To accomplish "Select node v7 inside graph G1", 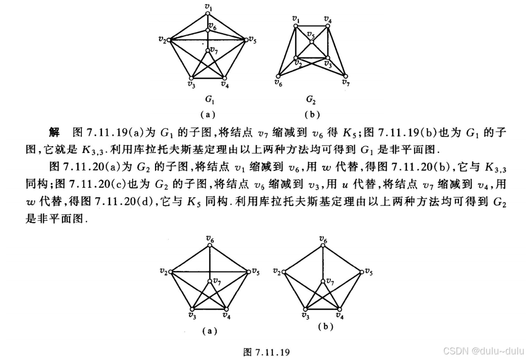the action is (x=208, y=49).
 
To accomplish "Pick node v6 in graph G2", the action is (x=279, y=75).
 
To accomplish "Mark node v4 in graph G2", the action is (x=328, y=25).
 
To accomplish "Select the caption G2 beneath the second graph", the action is (x=311, y=99).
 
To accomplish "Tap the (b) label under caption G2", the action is (x=311, y=113).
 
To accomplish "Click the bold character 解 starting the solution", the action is (x=54, y=133).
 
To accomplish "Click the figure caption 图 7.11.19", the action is (x=267, y=351).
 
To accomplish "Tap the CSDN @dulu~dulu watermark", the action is (x=483, y=350).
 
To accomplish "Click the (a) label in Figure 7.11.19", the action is (x=209, y=331).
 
